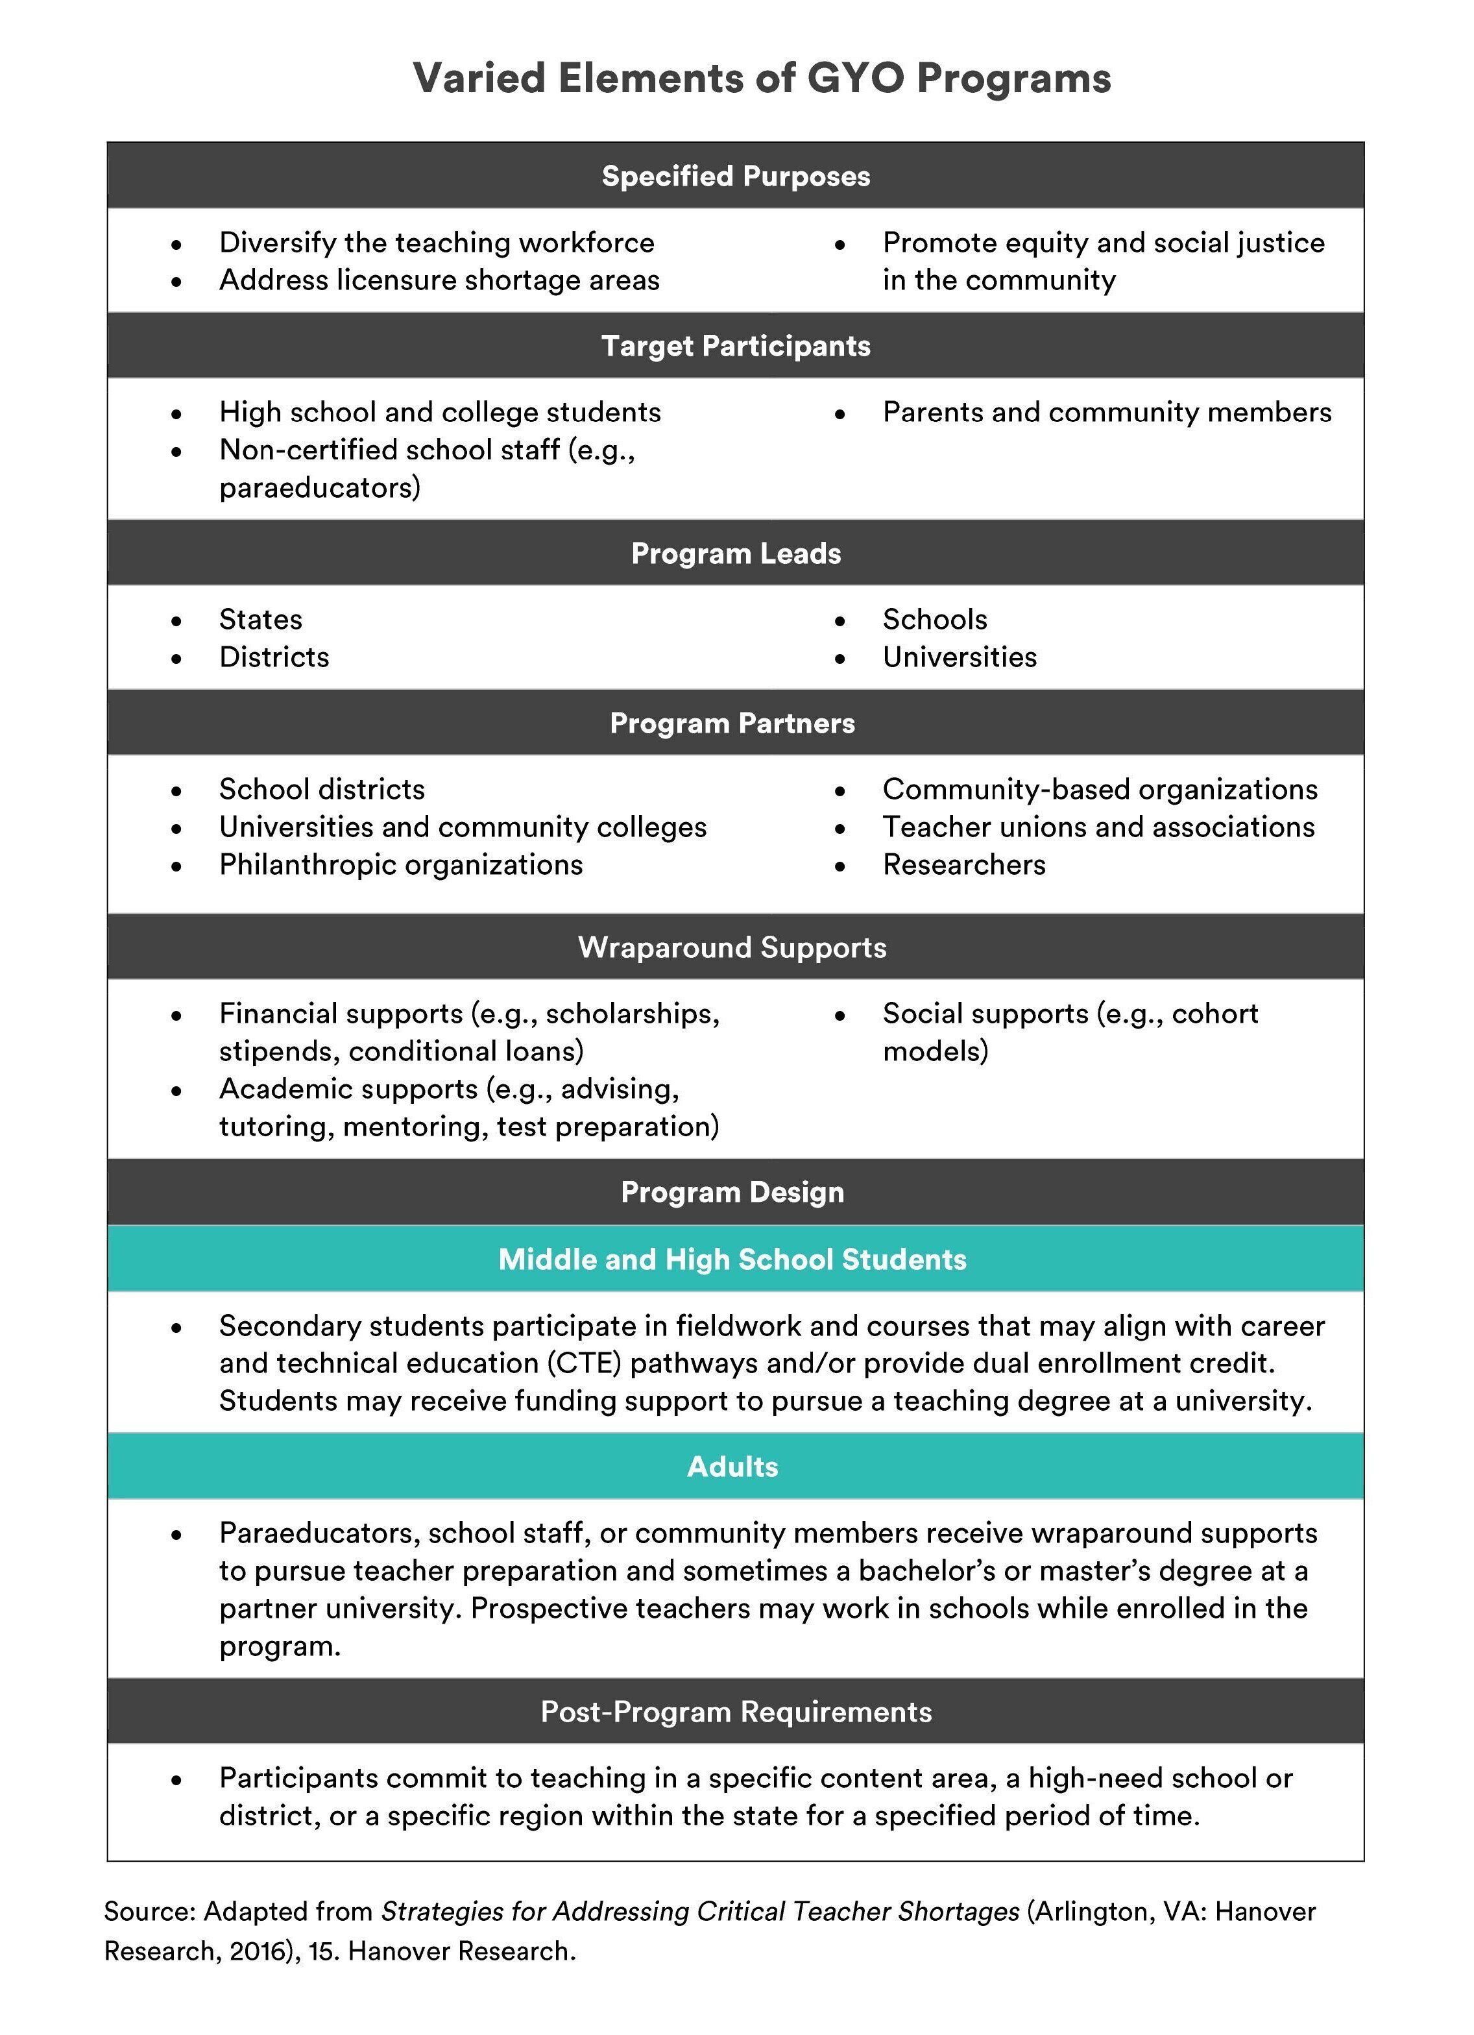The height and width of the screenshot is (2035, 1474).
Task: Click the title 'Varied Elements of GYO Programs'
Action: [x=762, y=79]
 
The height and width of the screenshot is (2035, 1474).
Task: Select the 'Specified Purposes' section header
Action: [x=736, y=176]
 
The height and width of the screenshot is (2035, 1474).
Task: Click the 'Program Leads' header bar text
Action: [x=736, y=553]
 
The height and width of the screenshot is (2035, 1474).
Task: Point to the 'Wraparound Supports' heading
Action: [x=732, y=947]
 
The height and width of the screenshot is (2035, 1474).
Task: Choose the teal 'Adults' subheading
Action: [x=732, y=1466]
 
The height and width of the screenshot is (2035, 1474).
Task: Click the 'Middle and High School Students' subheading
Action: [x=732, y=1259]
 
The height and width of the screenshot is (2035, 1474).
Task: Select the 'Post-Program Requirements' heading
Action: [x=736, y=1711]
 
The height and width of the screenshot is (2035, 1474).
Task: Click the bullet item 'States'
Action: [x=260, y=619]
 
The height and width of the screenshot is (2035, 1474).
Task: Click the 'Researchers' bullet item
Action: [x=963, y=864]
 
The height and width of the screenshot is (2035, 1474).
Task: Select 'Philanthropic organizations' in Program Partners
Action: [x=401, y=864]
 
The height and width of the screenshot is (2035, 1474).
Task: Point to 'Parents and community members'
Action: [x=1106, y=412]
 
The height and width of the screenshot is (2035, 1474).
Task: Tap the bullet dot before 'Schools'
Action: [x=840, y=621]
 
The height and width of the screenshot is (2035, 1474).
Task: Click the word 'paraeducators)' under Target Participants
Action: [x=319, y=487]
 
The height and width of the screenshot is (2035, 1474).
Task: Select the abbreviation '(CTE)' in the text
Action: [x=584, y=1363]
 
